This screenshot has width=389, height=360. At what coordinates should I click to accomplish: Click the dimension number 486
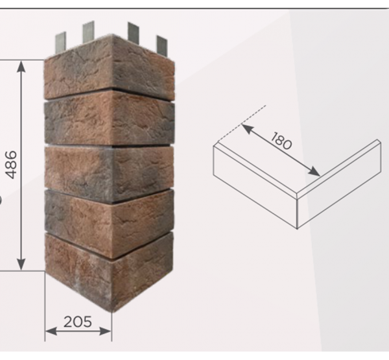point(12,165)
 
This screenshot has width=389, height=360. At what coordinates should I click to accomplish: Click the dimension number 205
point(78,322)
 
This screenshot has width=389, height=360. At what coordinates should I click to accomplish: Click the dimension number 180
point(281,141)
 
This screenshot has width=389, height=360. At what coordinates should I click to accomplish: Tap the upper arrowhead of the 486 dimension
point(21,67)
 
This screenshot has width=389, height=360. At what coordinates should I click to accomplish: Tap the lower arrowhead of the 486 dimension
point(21,264)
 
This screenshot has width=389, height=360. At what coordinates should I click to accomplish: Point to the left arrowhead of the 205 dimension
point(51,331)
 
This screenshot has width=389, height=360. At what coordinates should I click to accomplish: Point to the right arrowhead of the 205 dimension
point(106,331)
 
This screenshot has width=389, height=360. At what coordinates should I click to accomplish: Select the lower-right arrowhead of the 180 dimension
point(314,171)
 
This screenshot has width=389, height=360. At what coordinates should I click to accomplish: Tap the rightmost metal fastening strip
point(161,46)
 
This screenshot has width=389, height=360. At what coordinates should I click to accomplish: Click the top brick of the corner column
point(110,67)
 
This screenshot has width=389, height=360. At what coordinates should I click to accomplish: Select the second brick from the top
point(110,118)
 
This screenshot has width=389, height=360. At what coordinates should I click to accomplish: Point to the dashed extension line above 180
point(242,124)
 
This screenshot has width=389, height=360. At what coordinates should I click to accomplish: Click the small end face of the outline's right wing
point(379,156)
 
